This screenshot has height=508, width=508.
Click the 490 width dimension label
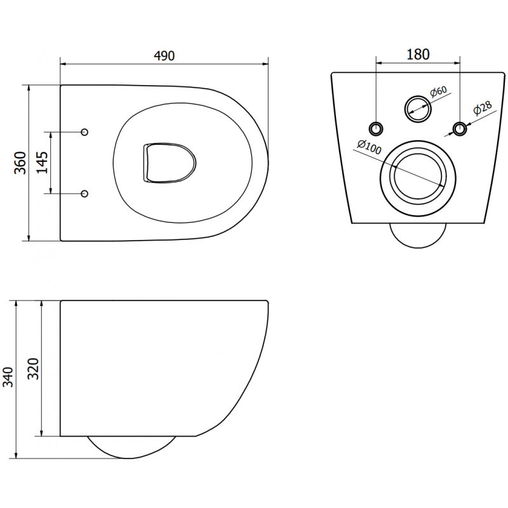(164, 55)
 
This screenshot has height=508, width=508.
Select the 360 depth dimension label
(20, 163)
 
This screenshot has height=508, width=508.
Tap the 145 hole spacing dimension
(41, 163)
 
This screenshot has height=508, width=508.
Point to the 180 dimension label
(418, 54)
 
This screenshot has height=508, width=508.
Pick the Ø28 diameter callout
(482, 109)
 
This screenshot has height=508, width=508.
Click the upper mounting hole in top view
(85, 132)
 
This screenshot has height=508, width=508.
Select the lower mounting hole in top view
(85, 193)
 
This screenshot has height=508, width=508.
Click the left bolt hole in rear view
(377, 128)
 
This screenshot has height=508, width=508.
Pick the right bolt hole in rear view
(459, 129)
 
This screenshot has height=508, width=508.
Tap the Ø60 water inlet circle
(418, 109)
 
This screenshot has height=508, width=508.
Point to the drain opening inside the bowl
(167, 163)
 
